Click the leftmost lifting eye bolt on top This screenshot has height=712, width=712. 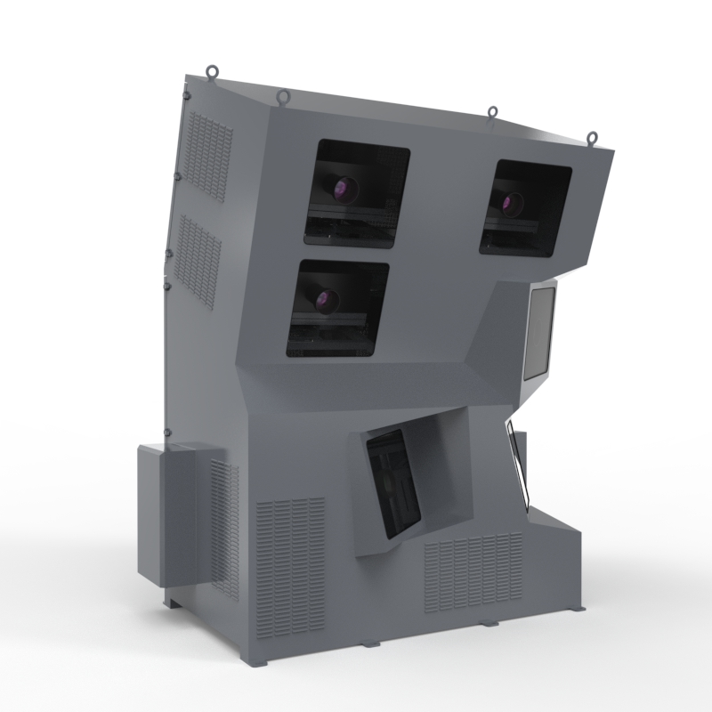coord(212,71)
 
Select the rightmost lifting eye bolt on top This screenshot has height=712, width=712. coord(591,138)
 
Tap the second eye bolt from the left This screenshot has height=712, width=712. coord(282,96)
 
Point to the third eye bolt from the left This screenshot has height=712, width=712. coord(492,113)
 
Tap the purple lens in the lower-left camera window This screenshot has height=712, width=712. coord(325,299)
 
